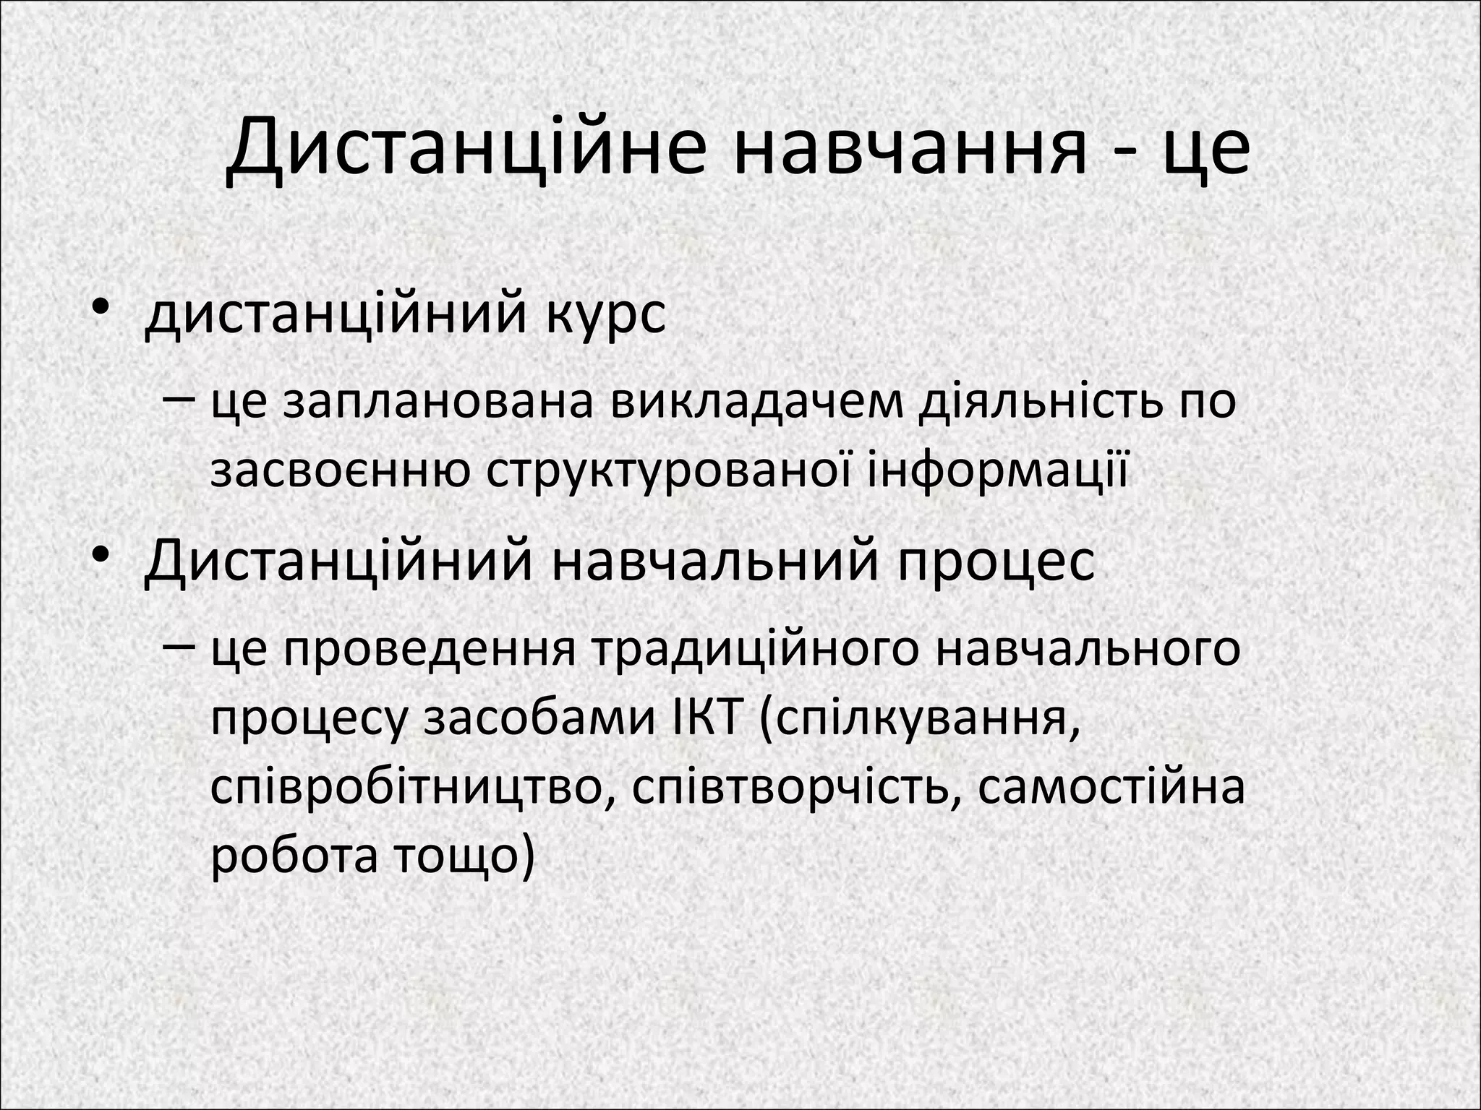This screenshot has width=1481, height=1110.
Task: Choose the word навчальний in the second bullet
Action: click(x=716, y=562)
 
